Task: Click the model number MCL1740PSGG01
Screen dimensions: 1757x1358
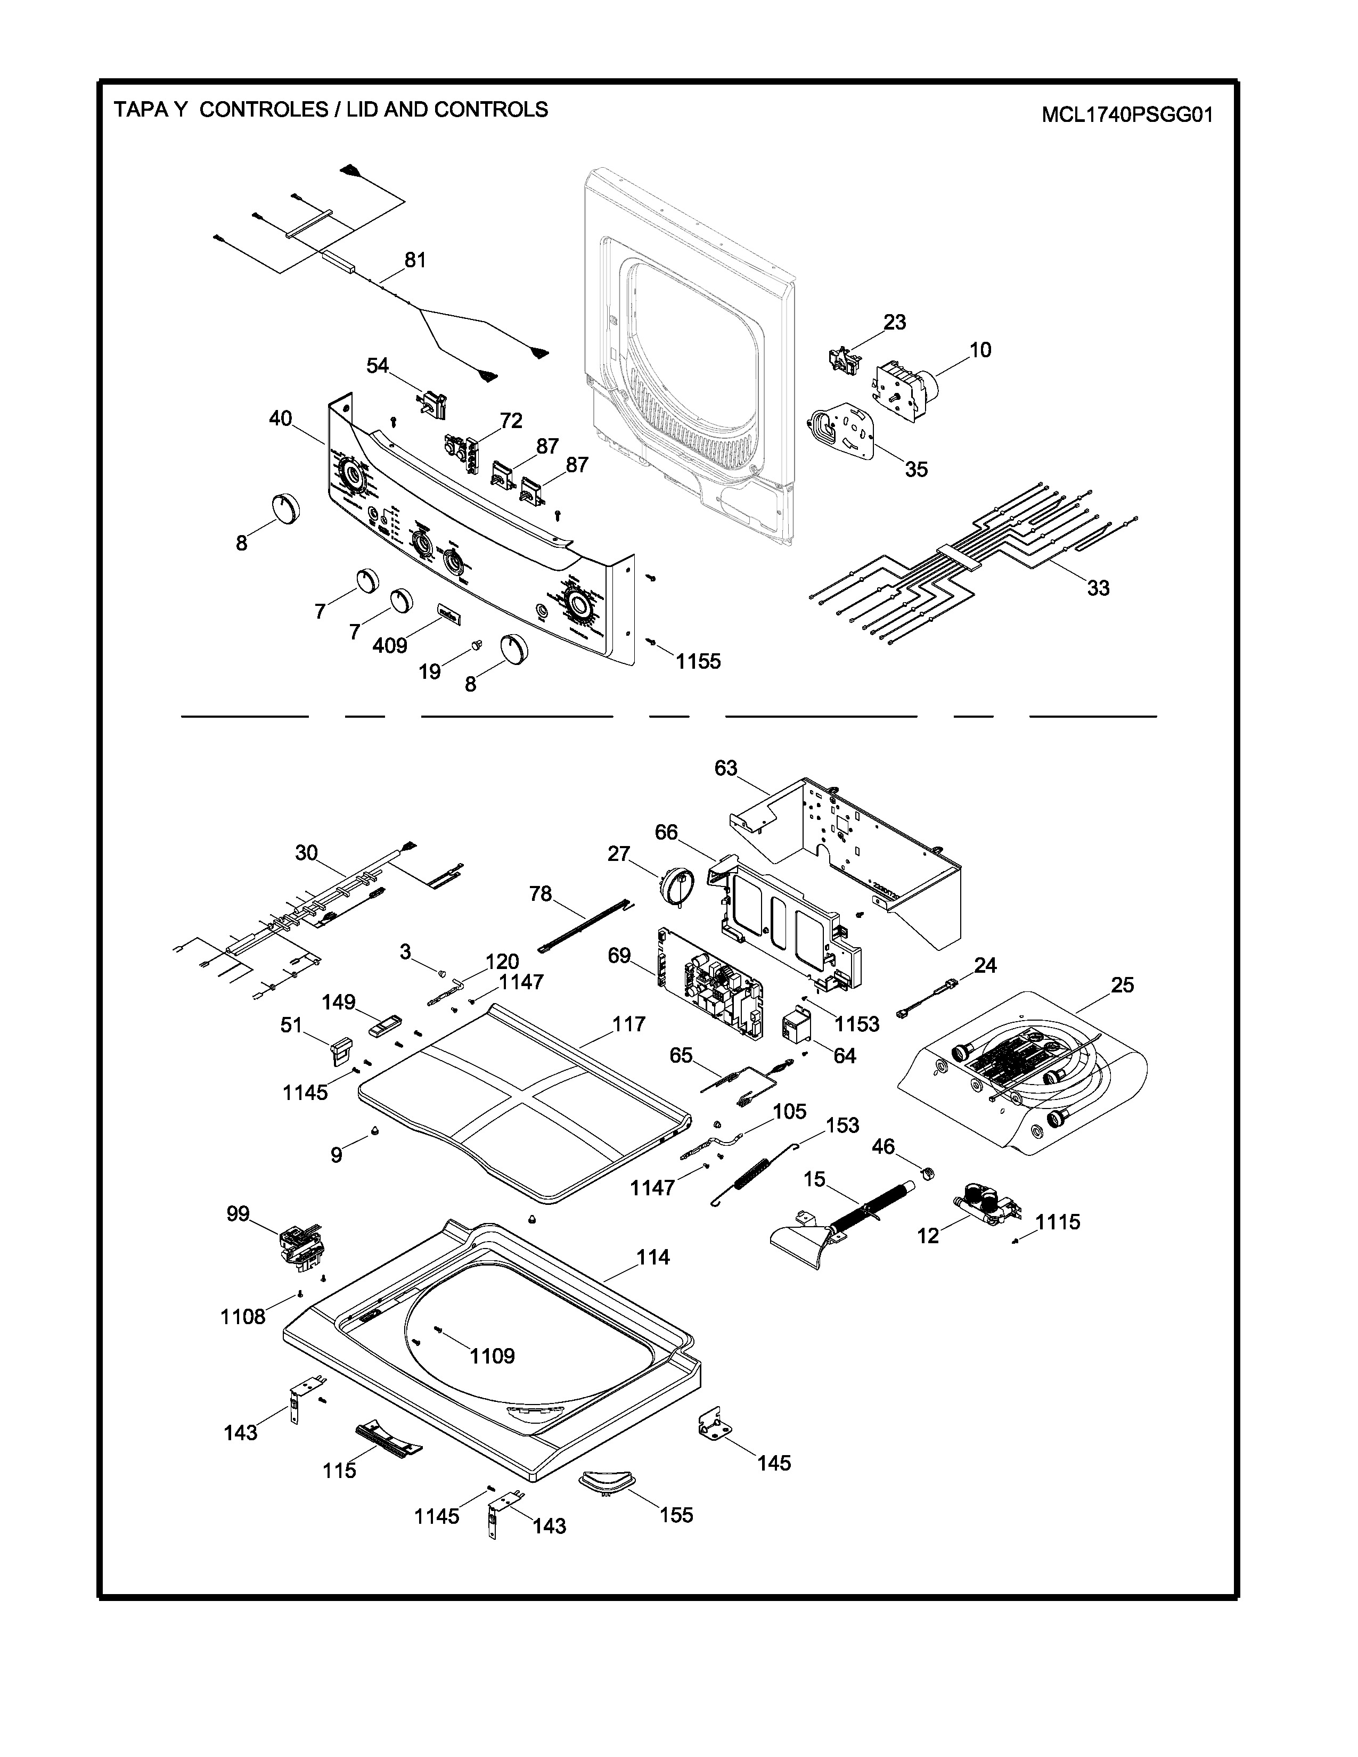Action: [x=1126, y=115]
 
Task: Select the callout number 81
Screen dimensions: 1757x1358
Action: [x=415, y=260]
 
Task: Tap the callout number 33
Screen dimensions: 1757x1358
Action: [x=1098, y=588]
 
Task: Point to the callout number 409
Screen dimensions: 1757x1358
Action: [x=389, y=645]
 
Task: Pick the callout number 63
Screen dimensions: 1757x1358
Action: [x=726, y=768]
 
